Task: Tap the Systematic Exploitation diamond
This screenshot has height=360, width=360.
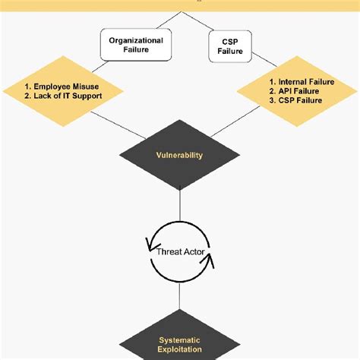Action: tap(180, 344)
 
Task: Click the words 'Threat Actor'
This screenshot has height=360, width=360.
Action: tap(180, 251)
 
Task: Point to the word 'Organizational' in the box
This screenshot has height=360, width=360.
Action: tap(136, 39)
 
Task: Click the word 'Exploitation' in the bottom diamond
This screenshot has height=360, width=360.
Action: tap(181, 349)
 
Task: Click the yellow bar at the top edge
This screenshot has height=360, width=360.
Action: tap(180, 3)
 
